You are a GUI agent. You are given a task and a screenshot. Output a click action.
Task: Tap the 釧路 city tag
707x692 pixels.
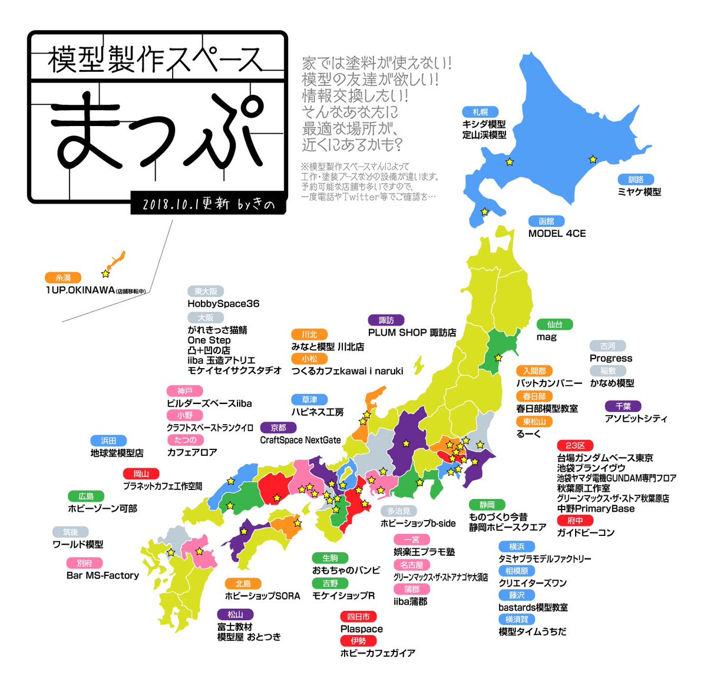tap(635, 180)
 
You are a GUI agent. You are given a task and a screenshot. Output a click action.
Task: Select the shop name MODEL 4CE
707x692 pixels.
tap(557, 233)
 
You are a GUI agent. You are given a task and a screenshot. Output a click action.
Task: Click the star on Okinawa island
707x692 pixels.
tap(105, 274)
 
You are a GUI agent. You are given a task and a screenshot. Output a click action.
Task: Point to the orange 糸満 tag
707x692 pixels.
tap(62, 277)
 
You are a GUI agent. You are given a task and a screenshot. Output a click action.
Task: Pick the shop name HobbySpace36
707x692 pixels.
tap(223, 304)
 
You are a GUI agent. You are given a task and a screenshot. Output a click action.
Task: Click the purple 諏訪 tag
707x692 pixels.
tap(386, 320)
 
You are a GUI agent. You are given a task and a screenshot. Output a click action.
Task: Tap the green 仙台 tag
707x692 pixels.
tap(554, 325)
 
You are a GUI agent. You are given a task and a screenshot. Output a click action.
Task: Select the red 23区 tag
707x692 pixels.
tap(575, 446)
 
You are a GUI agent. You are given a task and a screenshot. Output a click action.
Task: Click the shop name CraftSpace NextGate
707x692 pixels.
tap(300, 440)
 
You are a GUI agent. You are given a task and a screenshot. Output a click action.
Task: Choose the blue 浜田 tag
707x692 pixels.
tap(108, 441)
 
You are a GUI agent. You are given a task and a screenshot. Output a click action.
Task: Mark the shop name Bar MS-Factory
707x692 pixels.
tap(103, 575)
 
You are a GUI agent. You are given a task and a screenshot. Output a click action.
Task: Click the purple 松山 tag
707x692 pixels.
tap(235, 615)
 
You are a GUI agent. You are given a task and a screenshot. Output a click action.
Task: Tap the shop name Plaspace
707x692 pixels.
tap(361, 629)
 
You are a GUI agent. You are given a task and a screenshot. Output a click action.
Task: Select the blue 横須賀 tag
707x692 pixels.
tap(517, 620)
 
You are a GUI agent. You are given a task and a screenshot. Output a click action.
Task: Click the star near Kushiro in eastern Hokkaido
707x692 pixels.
tap(593, 159)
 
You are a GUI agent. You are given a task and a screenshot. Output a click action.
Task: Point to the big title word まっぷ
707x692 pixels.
tap(156, 133)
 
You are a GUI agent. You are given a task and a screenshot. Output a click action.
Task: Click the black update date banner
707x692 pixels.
tap(209, 204)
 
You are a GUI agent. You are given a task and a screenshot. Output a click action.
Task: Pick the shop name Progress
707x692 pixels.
tap(610, 358)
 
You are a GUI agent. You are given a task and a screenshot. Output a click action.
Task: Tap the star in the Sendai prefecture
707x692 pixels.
tap(498, 357)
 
